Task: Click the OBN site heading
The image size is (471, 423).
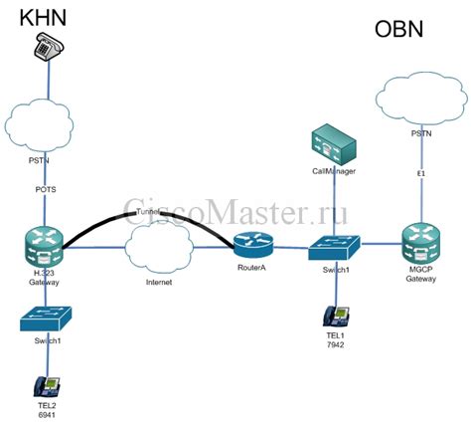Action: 398,29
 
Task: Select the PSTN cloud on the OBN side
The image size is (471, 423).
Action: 422,100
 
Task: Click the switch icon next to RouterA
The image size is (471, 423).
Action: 334,245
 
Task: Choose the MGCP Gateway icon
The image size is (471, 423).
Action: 421,244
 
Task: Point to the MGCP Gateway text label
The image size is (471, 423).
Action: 421,279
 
